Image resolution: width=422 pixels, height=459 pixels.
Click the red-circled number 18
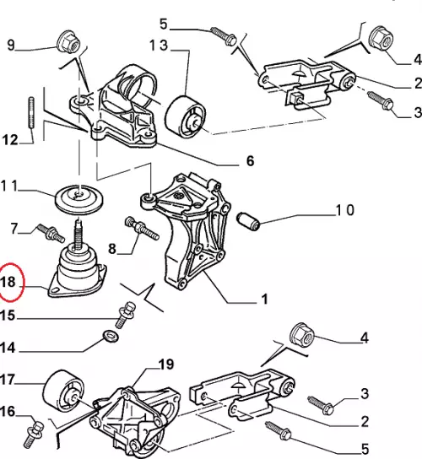pyautogui.click(x=8, y=282)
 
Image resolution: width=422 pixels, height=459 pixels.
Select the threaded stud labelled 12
pyautogui.click(x=31, y=113)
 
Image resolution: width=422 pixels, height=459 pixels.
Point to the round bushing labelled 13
pyautogui.click(x=185, y=116)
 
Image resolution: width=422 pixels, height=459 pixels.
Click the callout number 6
pyautogui.click(x=250, y=160)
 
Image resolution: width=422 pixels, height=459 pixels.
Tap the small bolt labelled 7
pyautogui.click(x=51, y=233)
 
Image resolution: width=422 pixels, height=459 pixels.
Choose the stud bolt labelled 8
pyautogui.click(x=142, y=229)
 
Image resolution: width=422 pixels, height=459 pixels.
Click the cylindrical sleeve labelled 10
pyautogui.click(x=248, y=222)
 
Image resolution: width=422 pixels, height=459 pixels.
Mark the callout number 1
pyautogui.click(x=264, y=299)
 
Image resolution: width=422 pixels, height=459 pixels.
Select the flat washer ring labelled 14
pyautogui.click(x=111, y=336)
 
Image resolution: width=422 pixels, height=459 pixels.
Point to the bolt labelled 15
pyautogui.click(x=126, y=315)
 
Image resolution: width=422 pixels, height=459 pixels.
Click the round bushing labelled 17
pyautogui.click(x=63, y=391)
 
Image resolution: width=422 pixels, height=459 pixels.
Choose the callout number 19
pyautogui.click(x=166, y=364)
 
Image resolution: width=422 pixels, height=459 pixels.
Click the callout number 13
pyautogui.click(x=159, y=46)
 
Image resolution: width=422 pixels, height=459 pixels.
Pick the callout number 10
pyautogui.click(x=345, y=210)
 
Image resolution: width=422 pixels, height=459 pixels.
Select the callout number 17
pyautogui.click(x=8, y=380)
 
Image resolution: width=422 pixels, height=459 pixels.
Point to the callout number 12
pyautogui.click(x=10, y=139)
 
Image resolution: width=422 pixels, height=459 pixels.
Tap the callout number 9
pyautogui.click(x=10, y=45)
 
